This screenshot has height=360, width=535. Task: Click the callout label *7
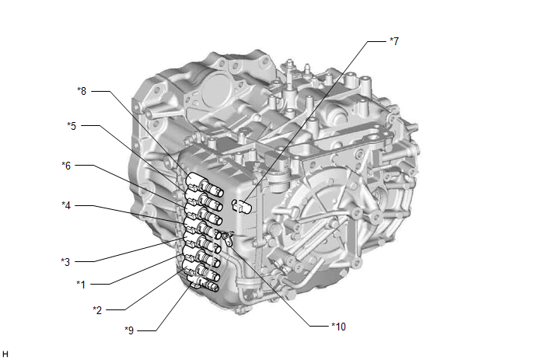(x=394, y=41)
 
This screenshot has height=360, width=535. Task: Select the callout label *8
(x=82, y=91)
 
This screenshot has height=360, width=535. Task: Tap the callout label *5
(x=72, y=126)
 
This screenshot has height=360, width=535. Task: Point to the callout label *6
(x=66, y=166)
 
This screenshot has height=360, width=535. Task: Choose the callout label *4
(x=66, y=205)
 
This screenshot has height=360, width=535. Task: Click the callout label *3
(x=65, y=262)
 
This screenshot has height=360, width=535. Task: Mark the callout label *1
(x=81, y=284)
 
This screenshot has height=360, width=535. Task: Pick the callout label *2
(x=97, y=309)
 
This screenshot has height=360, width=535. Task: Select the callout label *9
(x=129, y=330)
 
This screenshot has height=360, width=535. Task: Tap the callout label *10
(x=339, y=327)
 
